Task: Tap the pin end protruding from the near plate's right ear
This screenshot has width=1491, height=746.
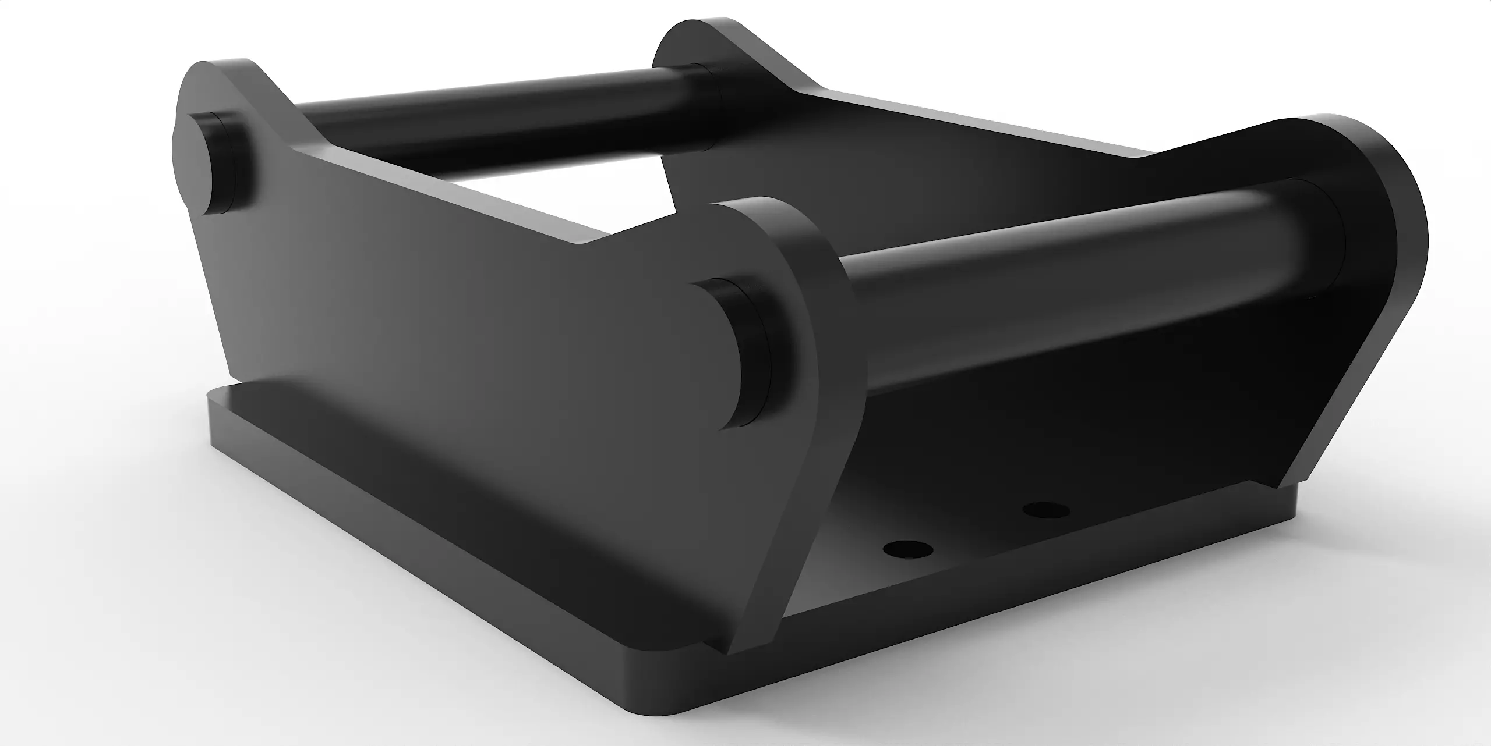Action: click(737, 355)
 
